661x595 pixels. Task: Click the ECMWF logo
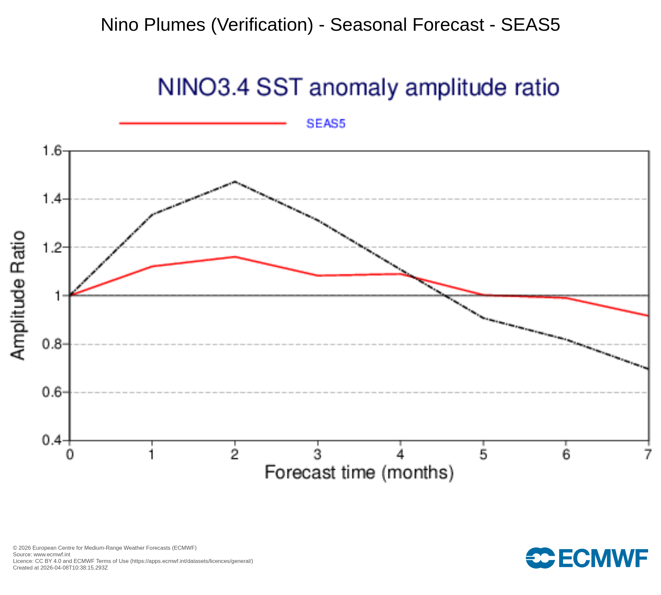point(587,558)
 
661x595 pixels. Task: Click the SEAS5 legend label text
point(326,124)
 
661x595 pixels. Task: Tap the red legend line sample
point(202,123)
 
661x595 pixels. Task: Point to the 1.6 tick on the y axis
point(52,151)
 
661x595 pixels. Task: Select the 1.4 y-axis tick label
point(52,199)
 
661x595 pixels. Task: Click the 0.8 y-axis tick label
point(52,344)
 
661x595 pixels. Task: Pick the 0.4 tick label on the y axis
point(52,440)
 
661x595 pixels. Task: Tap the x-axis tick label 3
point(317,455)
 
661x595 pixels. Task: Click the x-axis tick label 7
point(648,455)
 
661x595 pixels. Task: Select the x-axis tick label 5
point(483,455)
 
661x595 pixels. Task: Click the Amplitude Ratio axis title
point(18,295)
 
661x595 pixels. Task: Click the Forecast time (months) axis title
point(359,473)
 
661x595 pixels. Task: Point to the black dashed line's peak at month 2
point(235,181)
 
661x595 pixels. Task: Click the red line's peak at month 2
point(235,257)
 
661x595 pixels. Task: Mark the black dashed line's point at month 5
point(483,318)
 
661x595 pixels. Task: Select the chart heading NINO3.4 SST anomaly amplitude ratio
point(358,87)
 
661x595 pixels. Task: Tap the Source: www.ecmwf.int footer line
point(41,554)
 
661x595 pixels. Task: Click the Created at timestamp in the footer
point(60,568)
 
